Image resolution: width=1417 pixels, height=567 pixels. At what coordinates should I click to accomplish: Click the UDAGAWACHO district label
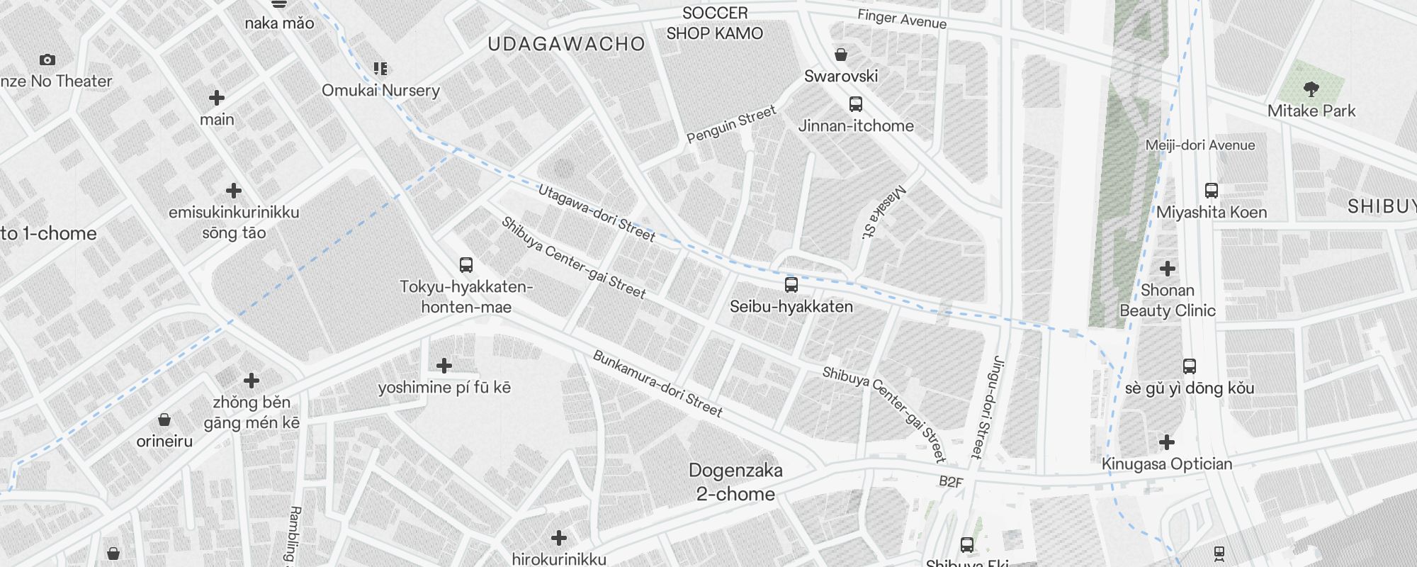(566, 44)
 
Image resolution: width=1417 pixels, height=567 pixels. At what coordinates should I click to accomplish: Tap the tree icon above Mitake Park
(1311, 89)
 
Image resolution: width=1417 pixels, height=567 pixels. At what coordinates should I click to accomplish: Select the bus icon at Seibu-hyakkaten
(791, 285)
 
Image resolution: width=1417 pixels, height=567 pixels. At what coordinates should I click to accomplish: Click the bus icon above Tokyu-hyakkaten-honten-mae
(465, 265)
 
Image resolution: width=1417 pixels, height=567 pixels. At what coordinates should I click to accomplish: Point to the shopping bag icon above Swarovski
(841, 55)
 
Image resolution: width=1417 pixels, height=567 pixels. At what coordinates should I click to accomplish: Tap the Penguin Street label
(731, 125)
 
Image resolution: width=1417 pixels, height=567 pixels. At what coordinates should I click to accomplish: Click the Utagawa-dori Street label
(597, 213)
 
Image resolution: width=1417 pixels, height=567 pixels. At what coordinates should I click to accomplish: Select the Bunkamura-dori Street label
(657, 383)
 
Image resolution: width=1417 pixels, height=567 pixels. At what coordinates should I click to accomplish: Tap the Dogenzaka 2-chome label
(735, 482)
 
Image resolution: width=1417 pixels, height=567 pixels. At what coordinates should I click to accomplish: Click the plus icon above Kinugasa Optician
(1167, 443)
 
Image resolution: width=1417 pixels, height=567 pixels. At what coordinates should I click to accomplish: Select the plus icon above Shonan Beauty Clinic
(1168, 269)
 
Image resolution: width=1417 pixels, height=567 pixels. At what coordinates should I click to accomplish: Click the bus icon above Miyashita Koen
(1212, 191)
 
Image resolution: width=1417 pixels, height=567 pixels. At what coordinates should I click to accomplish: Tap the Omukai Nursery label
(380, 91)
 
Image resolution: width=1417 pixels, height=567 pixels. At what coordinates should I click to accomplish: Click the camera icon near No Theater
(47, 60)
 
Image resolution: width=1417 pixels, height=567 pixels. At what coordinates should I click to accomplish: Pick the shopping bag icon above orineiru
(164, 420)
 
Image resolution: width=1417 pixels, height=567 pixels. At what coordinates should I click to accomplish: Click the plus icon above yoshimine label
(444, 366)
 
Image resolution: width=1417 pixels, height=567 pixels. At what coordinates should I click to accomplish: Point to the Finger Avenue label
(901, 19)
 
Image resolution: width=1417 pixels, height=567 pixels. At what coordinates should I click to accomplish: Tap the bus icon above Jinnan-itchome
(856, 104)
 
